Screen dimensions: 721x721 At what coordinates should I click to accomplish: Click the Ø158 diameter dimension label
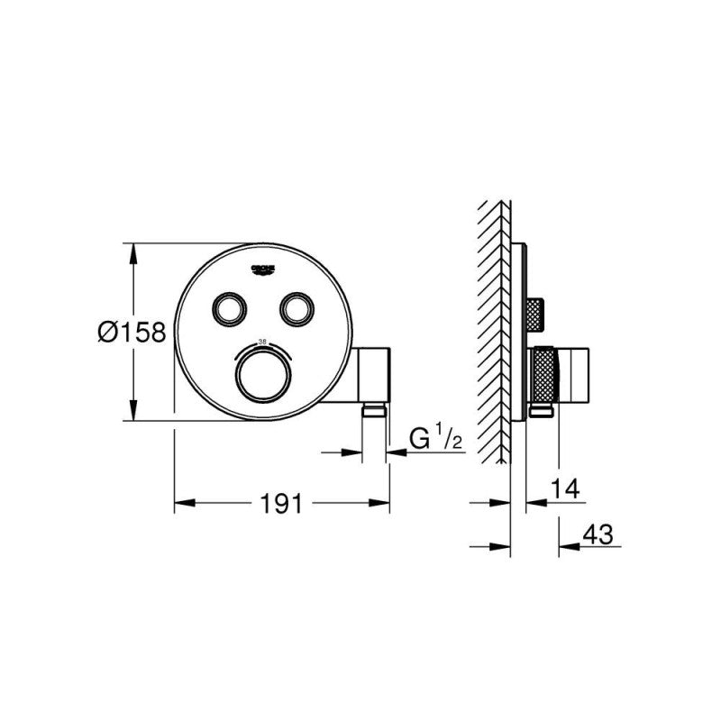[x=132, y=333]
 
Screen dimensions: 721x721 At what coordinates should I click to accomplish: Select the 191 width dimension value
[x=281, y=506]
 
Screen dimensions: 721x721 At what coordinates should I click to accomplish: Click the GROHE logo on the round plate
[x=261, y=268]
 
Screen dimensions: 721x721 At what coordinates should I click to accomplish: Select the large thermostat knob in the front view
[x=264, y=370]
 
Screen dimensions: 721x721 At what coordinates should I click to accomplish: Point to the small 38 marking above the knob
[x=263, y=342]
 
